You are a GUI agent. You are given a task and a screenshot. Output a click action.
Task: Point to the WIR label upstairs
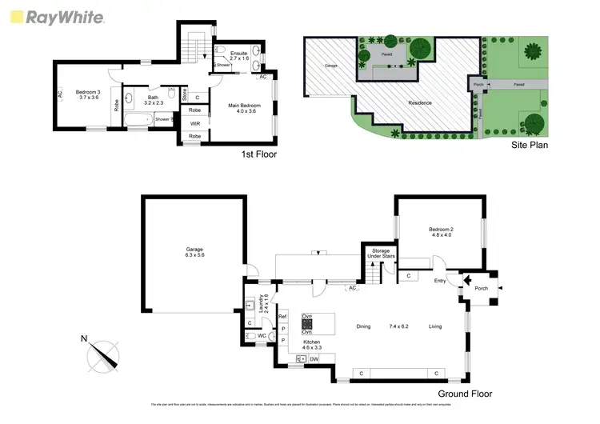pos(194,123)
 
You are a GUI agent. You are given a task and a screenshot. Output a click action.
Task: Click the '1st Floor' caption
pos(258,154)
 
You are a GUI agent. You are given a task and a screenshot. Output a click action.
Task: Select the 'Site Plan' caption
pos(530,146)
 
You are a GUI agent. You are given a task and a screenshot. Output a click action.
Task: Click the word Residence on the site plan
pos(421,102)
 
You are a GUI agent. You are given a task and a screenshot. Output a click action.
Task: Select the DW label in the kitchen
pos(314,359)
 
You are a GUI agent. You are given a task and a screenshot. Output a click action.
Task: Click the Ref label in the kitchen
pos(282,318)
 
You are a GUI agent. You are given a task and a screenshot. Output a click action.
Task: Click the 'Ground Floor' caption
pos(465,394)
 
